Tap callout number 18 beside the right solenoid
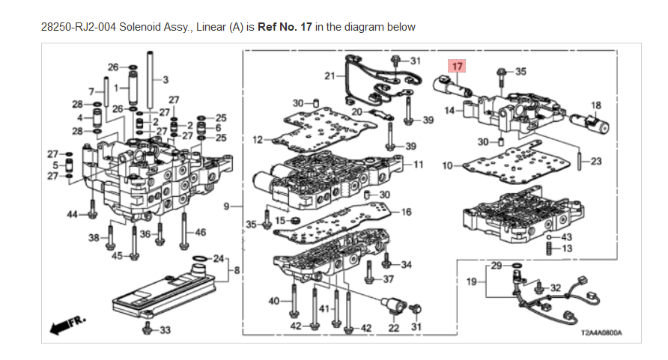(596, 105)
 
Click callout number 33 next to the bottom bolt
(165, 330)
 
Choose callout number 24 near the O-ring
(219, 259)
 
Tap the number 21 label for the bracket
(330, 76)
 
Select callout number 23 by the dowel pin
(596, 161)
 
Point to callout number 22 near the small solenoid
(394, 326)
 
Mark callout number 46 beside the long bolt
(200, 234)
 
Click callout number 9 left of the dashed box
(228, 204)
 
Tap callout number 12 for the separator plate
(258, 139)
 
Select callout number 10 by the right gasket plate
(447, 165)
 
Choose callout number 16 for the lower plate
(407, 213)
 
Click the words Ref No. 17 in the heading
(285, 27)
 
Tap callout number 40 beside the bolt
(274, 301)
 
